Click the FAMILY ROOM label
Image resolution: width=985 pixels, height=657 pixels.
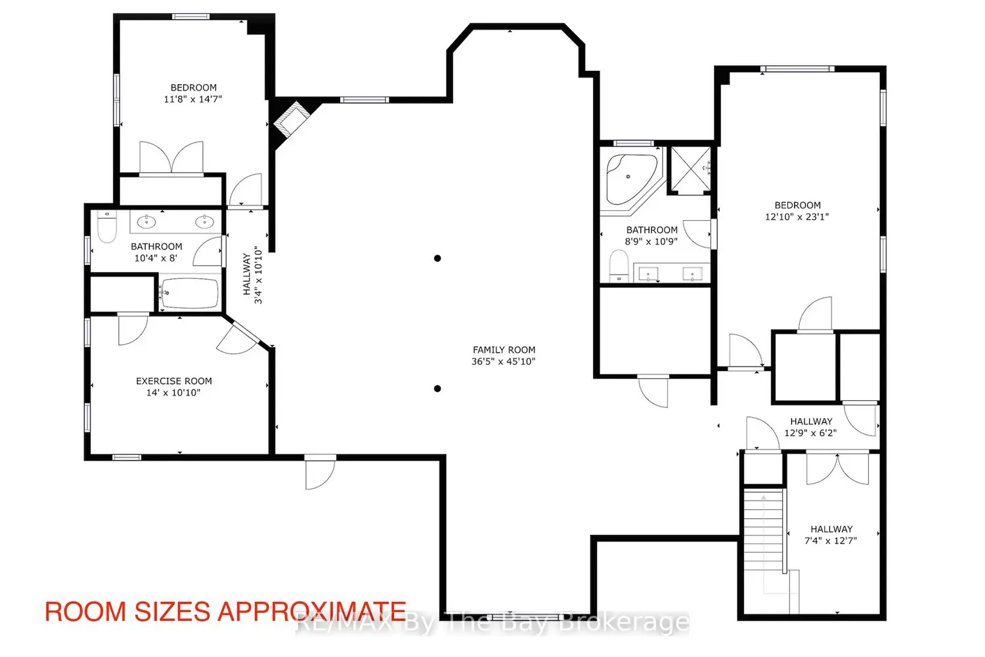[504, 350]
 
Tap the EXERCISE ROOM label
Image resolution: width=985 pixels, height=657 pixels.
[174, 381]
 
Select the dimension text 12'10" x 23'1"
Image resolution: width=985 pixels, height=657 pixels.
[797, 217]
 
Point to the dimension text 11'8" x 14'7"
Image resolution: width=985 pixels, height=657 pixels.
[192, 99]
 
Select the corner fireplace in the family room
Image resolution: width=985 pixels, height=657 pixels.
[292, 119]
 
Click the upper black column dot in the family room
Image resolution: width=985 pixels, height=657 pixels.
[437, 258]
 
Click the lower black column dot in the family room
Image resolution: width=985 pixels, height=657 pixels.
[437, 388]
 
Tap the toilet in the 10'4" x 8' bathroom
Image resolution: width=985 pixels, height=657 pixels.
[107, 226]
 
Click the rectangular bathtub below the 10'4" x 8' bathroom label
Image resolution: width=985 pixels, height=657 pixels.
[190, 292]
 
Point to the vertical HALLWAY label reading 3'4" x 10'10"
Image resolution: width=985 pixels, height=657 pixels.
[252, 275]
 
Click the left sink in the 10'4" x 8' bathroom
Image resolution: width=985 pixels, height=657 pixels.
[146, 222]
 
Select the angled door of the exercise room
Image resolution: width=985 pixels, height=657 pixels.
[240, 336]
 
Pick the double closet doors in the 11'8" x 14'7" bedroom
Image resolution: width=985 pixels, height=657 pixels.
[171, 158]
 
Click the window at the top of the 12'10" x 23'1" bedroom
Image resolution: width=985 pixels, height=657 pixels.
[797, 68]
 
